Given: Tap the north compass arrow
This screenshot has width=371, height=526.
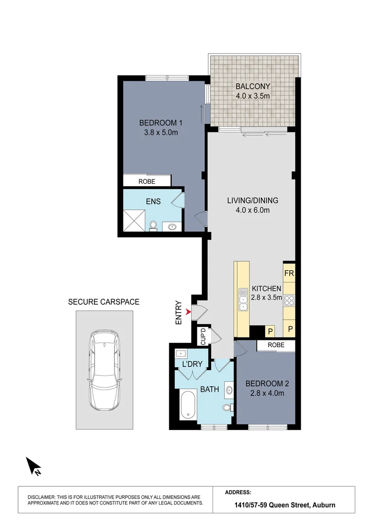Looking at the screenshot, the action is (34, 466).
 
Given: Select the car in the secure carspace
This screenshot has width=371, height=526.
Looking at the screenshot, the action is (104, 370).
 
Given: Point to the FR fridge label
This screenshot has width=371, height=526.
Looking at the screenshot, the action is (289, 273).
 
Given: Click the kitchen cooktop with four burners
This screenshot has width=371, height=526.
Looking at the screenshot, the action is (289, 300).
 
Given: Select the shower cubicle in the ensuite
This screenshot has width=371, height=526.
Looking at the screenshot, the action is (134, 221).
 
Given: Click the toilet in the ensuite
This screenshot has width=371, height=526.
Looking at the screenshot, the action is (154, 226).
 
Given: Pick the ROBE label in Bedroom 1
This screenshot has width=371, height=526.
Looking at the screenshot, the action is (147, 182).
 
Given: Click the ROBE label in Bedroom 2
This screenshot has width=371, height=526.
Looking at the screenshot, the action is (276, 345).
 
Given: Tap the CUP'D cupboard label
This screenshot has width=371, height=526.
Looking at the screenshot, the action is (203, 337).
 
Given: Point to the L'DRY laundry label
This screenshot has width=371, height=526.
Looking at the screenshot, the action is (192, 364).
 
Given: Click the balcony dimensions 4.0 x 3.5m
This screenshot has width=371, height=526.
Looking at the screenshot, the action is (253, 96).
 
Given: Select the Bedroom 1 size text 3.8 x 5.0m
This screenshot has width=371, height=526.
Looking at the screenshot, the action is (161, 132).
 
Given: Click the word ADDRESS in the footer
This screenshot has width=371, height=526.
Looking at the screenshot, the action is (238, 492).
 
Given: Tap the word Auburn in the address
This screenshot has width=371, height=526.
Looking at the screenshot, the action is (324, 505).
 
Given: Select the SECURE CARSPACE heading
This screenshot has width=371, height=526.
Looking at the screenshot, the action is (104, 302).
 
